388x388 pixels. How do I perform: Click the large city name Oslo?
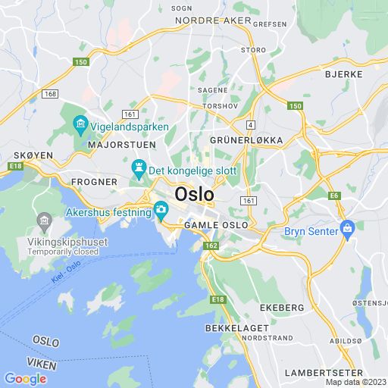(x=194, y=194)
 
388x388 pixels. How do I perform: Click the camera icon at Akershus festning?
(x=161, y=209)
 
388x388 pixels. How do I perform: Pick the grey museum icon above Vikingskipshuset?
(x=44, y=222)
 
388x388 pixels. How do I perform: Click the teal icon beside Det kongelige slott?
(x=139, y=167)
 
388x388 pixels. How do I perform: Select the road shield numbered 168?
(x=50, y=94)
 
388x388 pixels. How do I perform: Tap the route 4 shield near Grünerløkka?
(x=249, y=123)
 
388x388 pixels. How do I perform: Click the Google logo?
(x=25, y=379)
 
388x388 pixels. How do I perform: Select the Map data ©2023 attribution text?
(x=355, y=382)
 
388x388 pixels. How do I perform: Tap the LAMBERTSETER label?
(x=324, y=372)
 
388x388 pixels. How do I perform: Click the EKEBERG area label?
(x=282, y=308)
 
